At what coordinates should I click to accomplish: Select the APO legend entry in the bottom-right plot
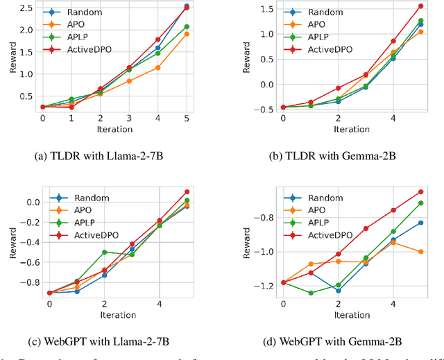coord(316,210)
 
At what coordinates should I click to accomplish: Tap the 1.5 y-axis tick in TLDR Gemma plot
coord(263,8)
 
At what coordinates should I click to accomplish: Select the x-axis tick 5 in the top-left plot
coord(187,119)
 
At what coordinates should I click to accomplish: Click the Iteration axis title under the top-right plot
coord(351,129)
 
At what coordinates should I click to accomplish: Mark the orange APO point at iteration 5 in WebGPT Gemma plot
coord(420,251)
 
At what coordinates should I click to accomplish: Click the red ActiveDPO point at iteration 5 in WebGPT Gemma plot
coord(420,191)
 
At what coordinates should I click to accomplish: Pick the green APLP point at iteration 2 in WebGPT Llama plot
coord(104,252)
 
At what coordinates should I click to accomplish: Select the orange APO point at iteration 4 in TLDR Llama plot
coord(158,67)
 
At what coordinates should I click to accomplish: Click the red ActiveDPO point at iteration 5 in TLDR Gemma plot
coord(420,6)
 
